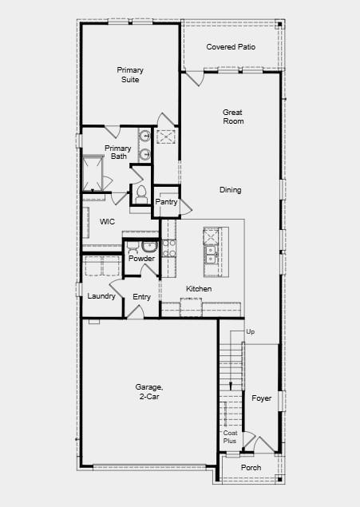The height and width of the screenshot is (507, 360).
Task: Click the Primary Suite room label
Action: (129, 75)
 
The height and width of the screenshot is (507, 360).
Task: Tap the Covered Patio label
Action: (231, 47)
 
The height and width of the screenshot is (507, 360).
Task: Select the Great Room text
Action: (233, 117)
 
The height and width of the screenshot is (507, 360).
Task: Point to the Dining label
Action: (231, 190)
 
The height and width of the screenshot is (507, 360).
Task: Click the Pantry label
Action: (166, 202)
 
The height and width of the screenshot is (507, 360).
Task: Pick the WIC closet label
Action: (108, 221)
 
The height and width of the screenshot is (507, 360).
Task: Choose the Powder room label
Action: (141, 259)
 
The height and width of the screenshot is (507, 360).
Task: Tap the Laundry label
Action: (101, 296)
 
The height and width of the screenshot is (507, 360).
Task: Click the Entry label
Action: (141, 297)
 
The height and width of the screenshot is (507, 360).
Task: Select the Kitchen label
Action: (199, 288)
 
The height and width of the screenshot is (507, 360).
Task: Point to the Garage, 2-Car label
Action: (148, 391)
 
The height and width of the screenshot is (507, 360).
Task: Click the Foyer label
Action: (261, 398)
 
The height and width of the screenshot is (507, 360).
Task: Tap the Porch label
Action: (251, 468)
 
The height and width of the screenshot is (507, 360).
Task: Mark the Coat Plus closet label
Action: (230, 437)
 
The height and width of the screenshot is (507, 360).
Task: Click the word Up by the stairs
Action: (250, 331)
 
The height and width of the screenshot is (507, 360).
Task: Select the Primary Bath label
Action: (118, 152)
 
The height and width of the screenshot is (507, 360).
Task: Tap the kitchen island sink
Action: (211, 255)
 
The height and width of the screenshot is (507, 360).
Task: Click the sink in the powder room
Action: (133, 246)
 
